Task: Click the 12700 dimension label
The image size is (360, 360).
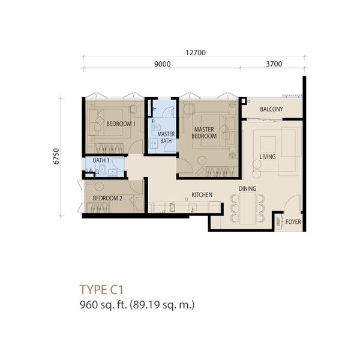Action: click(196, 53)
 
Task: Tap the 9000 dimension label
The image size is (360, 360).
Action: click(163, 64)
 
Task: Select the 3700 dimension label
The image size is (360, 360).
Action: click(274, 64)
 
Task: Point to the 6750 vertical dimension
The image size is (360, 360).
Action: click(56, 157)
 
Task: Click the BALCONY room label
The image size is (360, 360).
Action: click(271, 109)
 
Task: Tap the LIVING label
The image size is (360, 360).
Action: click(268, 157)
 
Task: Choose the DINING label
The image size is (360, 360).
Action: click(247, 189)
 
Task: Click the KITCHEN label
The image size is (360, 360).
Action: click(202, 194)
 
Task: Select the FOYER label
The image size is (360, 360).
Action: click(293, 222)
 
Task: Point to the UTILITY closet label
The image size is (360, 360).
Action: click(278, 222)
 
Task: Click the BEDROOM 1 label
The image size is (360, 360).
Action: click(121, 124)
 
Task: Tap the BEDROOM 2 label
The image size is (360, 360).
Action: click(107, 198)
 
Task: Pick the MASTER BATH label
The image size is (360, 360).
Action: click(166, 137)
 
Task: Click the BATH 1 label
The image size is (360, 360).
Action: click(101, 160)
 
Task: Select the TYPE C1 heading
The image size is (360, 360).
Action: click(101, 290)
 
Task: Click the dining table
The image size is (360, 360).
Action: click(247, 208)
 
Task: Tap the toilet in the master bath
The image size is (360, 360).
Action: click(157, 127)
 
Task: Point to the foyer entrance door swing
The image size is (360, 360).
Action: click(292, 203)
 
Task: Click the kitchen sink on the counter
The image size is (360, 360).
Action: click(172, 207)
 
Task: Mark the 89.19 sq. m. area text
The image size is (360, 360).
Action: click(162, 305)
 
